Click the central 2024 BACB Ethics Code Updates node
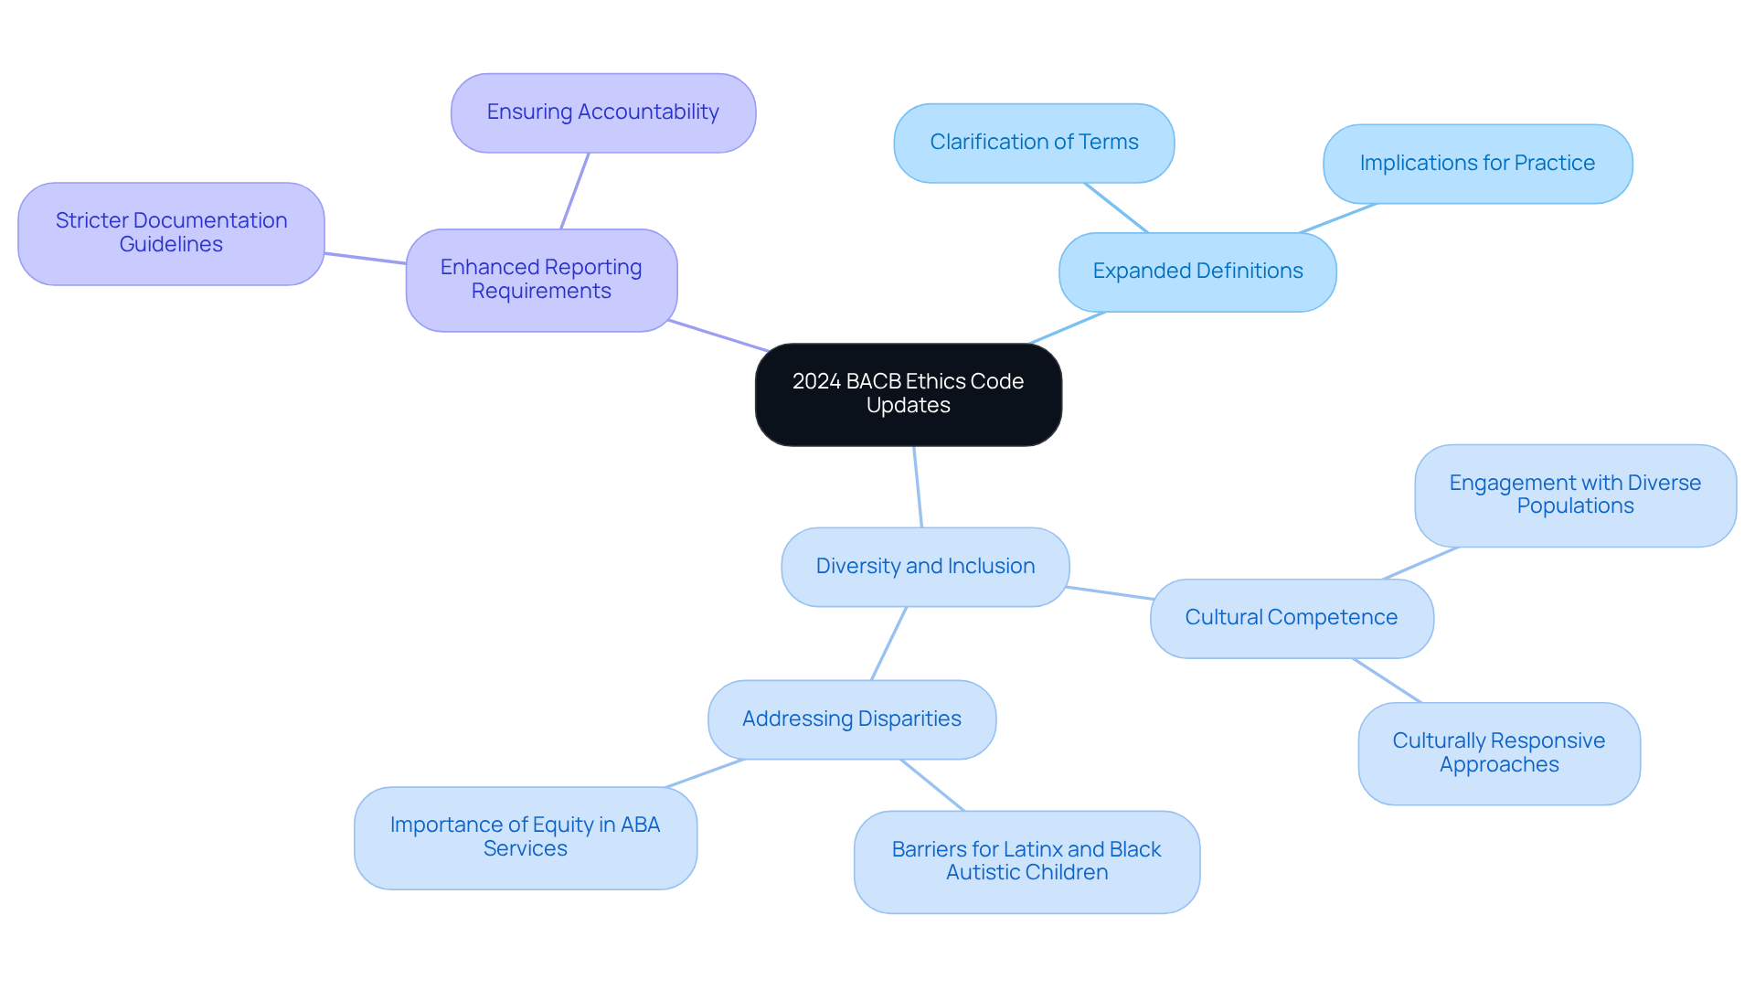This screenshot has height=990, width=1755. [x=908, y=394]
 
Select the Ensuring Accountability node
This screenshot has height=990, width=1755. [x=602, y=112]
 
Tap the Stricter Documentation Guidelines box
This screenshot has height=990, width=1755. [x=171, y=233]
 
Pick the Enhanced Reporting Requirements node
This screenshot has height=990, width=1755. [x=541, y=280]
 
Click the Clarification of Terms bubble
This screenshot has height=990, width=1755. [x=1034, y=143]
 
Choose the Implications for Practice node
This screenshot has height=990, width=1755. [x=1477, y=164]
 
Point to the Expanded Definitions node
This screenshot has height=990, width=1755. [x=1197, y=271]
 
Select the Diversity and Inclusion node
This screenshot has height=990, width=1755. [x=925, y=567]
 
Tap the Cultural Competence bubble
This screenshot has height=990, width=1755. [x=1291, y=618]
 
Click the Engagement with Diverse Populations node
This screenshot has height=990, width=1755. [x=1575, y=495]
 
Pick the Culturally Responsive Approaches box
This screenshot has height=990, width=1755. [x=1498, y=753]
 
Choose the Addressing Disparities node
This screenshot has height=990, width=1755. [x=851, y=719]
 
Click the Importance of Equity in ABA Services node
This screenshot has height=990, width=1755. [x=525, y=837]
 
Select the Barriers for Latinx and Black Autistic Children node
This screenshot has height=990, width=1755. [x=1026, y=861]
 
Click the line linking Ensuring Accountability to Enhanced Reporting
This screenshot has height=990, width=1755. [x=575, y=190]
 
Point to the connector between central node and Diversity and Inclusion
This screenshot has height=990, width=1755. [x=918, y=486]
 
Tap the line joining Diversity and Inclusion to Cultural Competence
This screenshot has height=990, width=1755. [x=1110, y=593]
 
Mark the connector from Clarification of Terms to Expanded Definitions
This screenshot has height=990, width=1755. [x=1115, y=208]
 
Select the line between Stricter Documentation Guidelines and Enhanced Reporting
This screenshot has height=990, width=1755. [x=365, y=258]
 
